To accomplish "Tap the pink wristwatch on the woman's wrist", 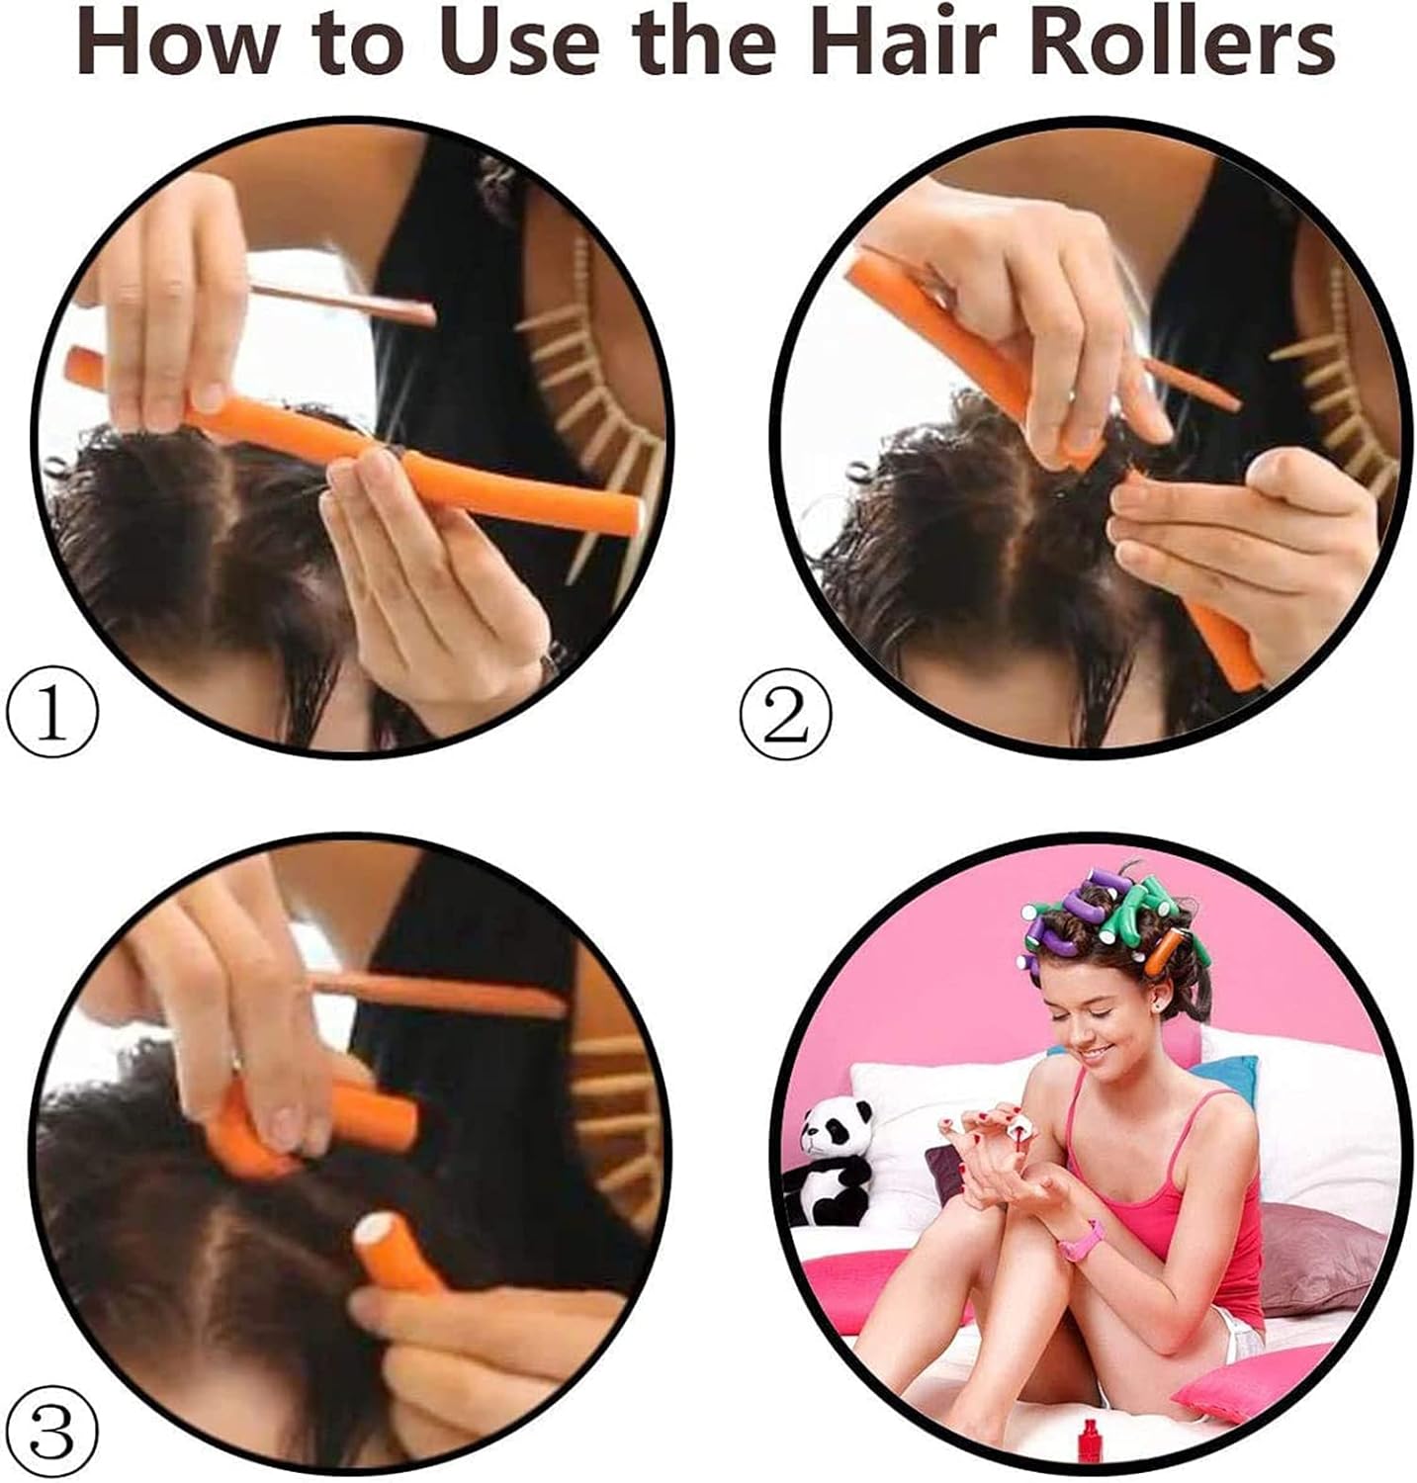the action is click(x=1081, y=1240).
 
